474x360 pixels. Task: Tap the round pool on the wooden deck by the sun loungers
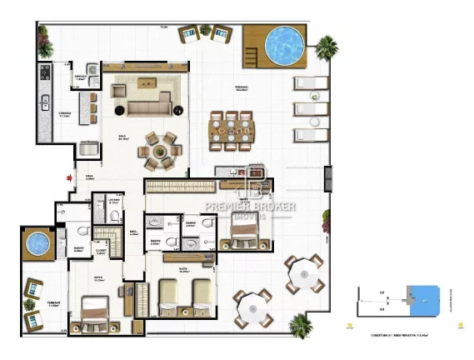pyautogui.click(x=282, y=42)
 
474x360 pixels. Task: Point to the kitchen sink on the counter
pyautogui.click(x=43, y=103)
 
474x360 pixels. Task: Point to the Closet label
pyautogui.click(x=100, y=248)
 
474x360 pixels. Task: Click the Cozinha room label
pyautogui.click(x=64, y=116)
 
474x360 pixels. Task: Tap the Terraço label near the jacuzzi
pyautogui.click(x=56, y=306)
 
